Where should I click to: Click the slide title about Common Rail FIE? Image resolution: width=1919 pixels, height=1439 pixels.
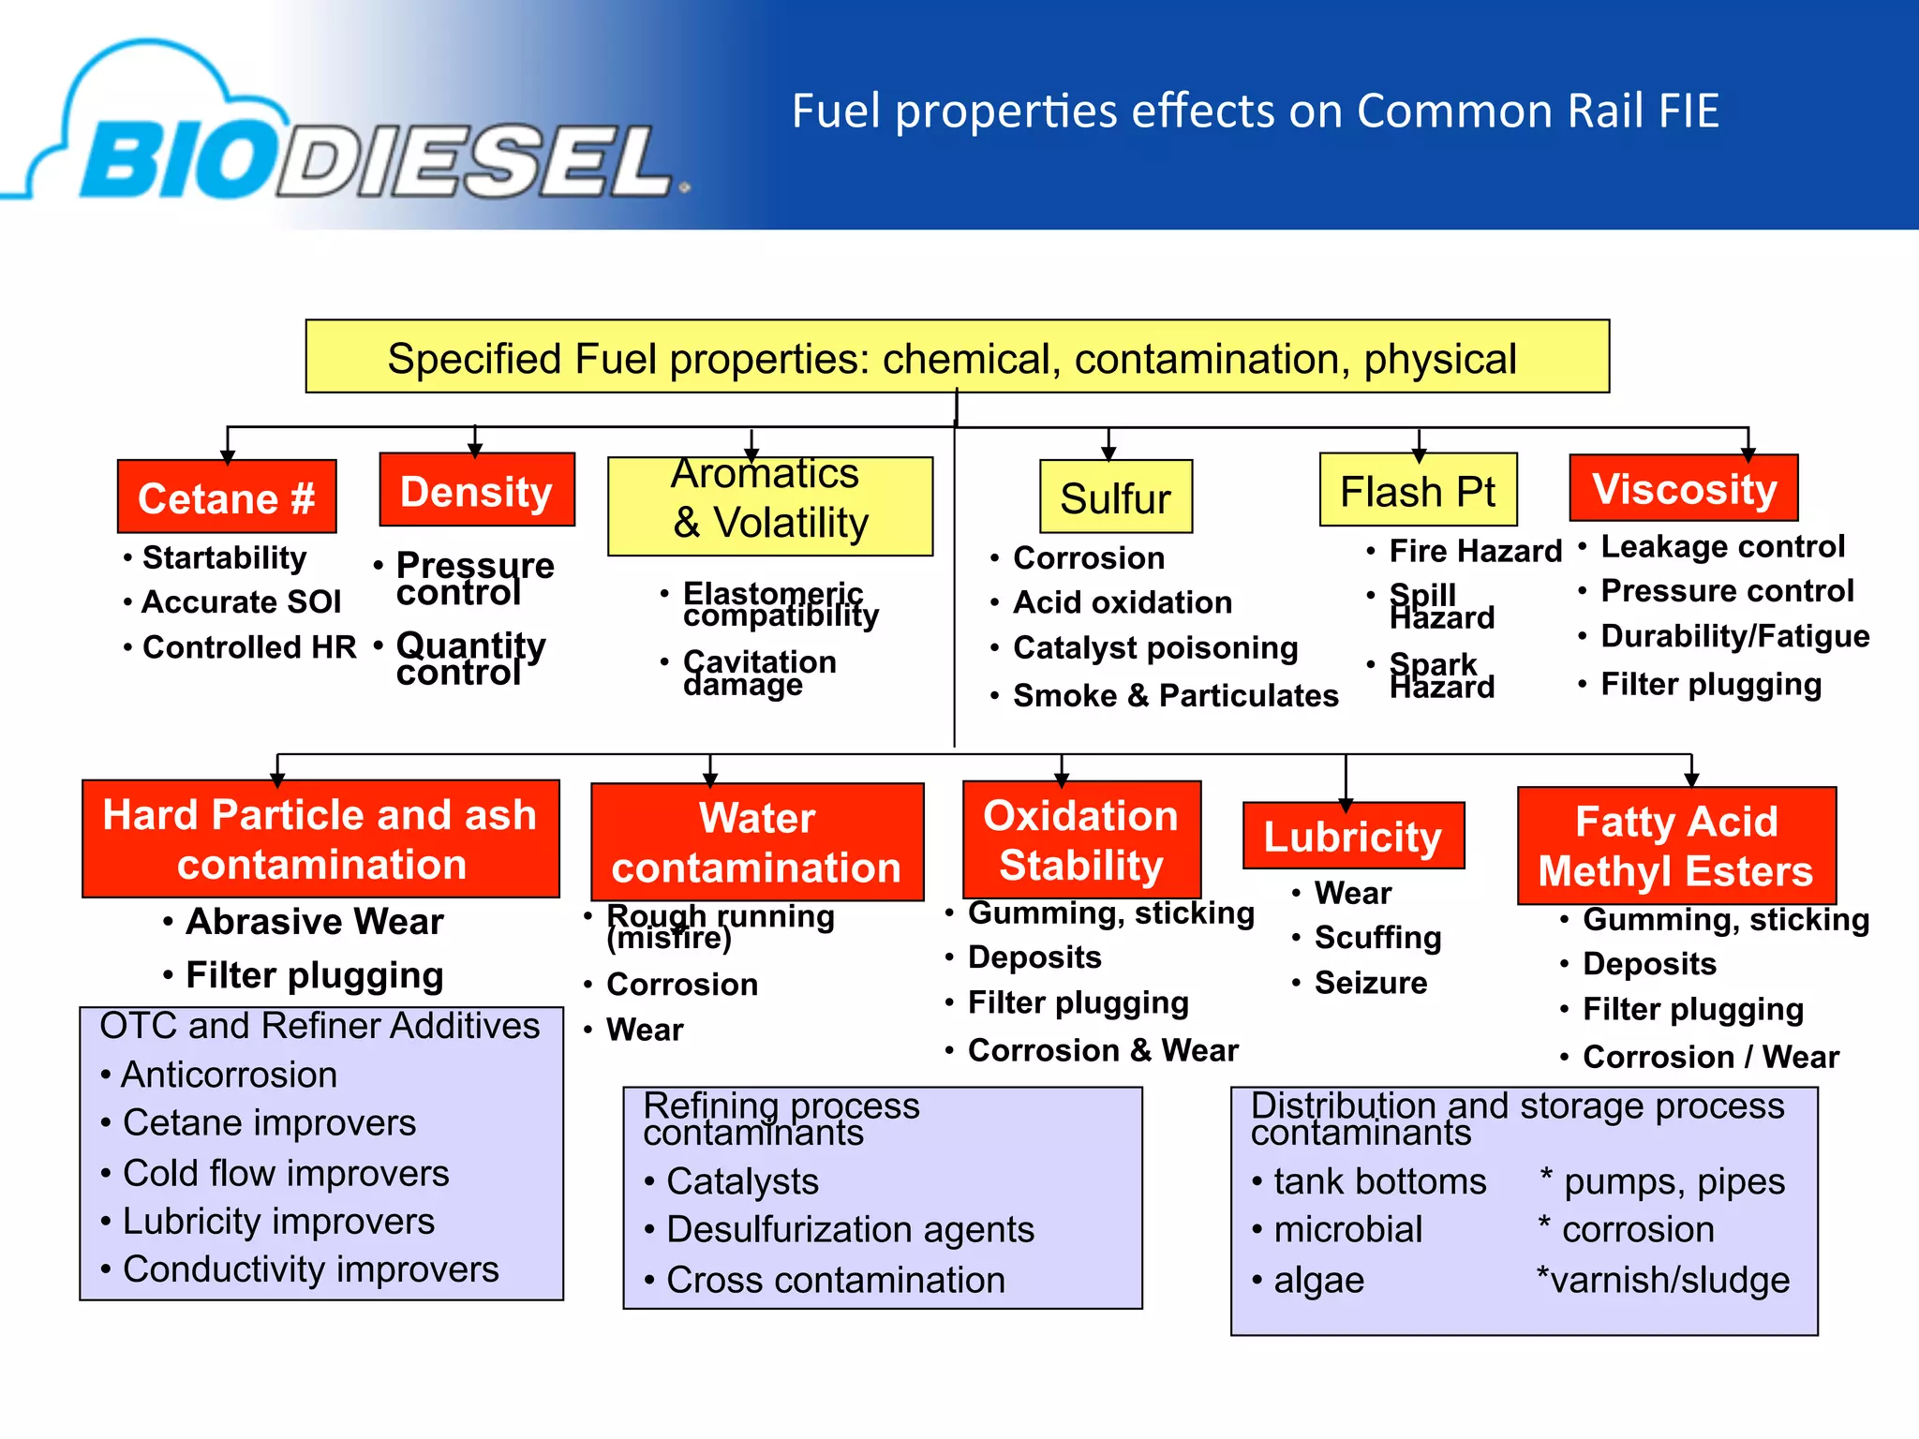coord(1256,111)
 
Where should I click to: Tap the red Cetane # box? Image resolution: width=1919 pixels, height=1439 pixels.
coord(227,497)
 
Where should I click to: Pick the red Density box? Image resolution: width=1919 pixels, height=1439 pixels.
coord(476,491)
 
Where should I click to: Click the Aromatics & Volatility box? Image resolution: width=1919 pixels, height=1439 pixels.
coord(770,506)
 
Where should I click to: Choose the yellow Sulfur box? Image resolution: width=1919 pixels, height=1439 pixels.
coord(1115,497)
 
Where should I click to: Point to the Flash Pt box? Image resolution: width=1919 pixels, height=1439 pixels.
coord(1417,491)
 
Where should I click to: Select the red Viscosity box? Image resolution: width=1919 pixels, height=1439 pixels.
coord(1684,489)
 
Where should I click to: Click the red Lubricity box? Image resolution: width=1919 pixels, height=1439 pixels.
coord(1352,836)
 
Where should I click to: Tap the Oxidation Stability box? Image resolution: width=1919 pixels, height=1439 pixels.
coord(1081,840)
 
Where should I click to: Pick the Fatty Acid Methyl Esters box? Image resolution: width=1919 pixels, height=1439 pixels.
coord(1676,846)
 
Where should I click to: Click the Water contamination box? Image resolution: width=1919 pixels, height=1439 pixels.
coord(757,842)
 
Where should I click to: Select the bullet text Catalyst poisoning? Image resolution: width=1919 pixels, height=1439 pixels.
coord(1154,647)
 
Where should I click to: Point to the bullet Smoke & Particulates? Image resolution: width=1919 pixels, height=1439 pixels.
coord(1175,695)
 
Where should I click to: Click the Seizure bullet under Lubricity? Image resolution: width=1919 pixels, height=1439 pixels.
coord(1370,983)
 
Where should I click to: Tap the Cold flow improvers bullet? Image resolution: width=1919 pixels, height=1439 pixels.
coord(286,1173)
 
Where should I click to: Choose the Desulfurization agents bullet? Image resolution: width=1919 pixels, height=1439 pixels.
coord(850,1229)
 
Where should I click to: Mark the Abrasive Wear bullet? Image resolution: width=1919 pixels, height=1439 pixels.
coord(314,922)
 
